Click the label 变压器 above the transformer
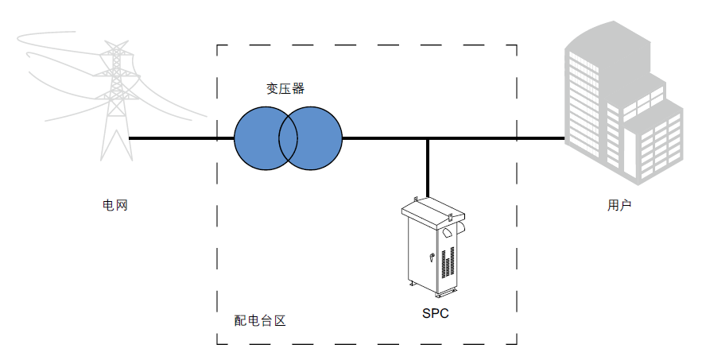(x=285, y=88)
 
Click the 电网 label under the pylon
(x=115, y=206)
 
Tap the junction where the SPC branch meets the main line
(x=429, y=138)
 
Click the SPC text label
(x=435, y=313)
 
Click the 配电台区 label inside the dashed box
(x=259, y=321)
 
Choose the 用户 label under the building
(x=619, y=206)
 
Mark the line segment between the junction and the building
(x=497, y=138)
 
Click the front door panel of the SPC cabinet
(x=421, y=254)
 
